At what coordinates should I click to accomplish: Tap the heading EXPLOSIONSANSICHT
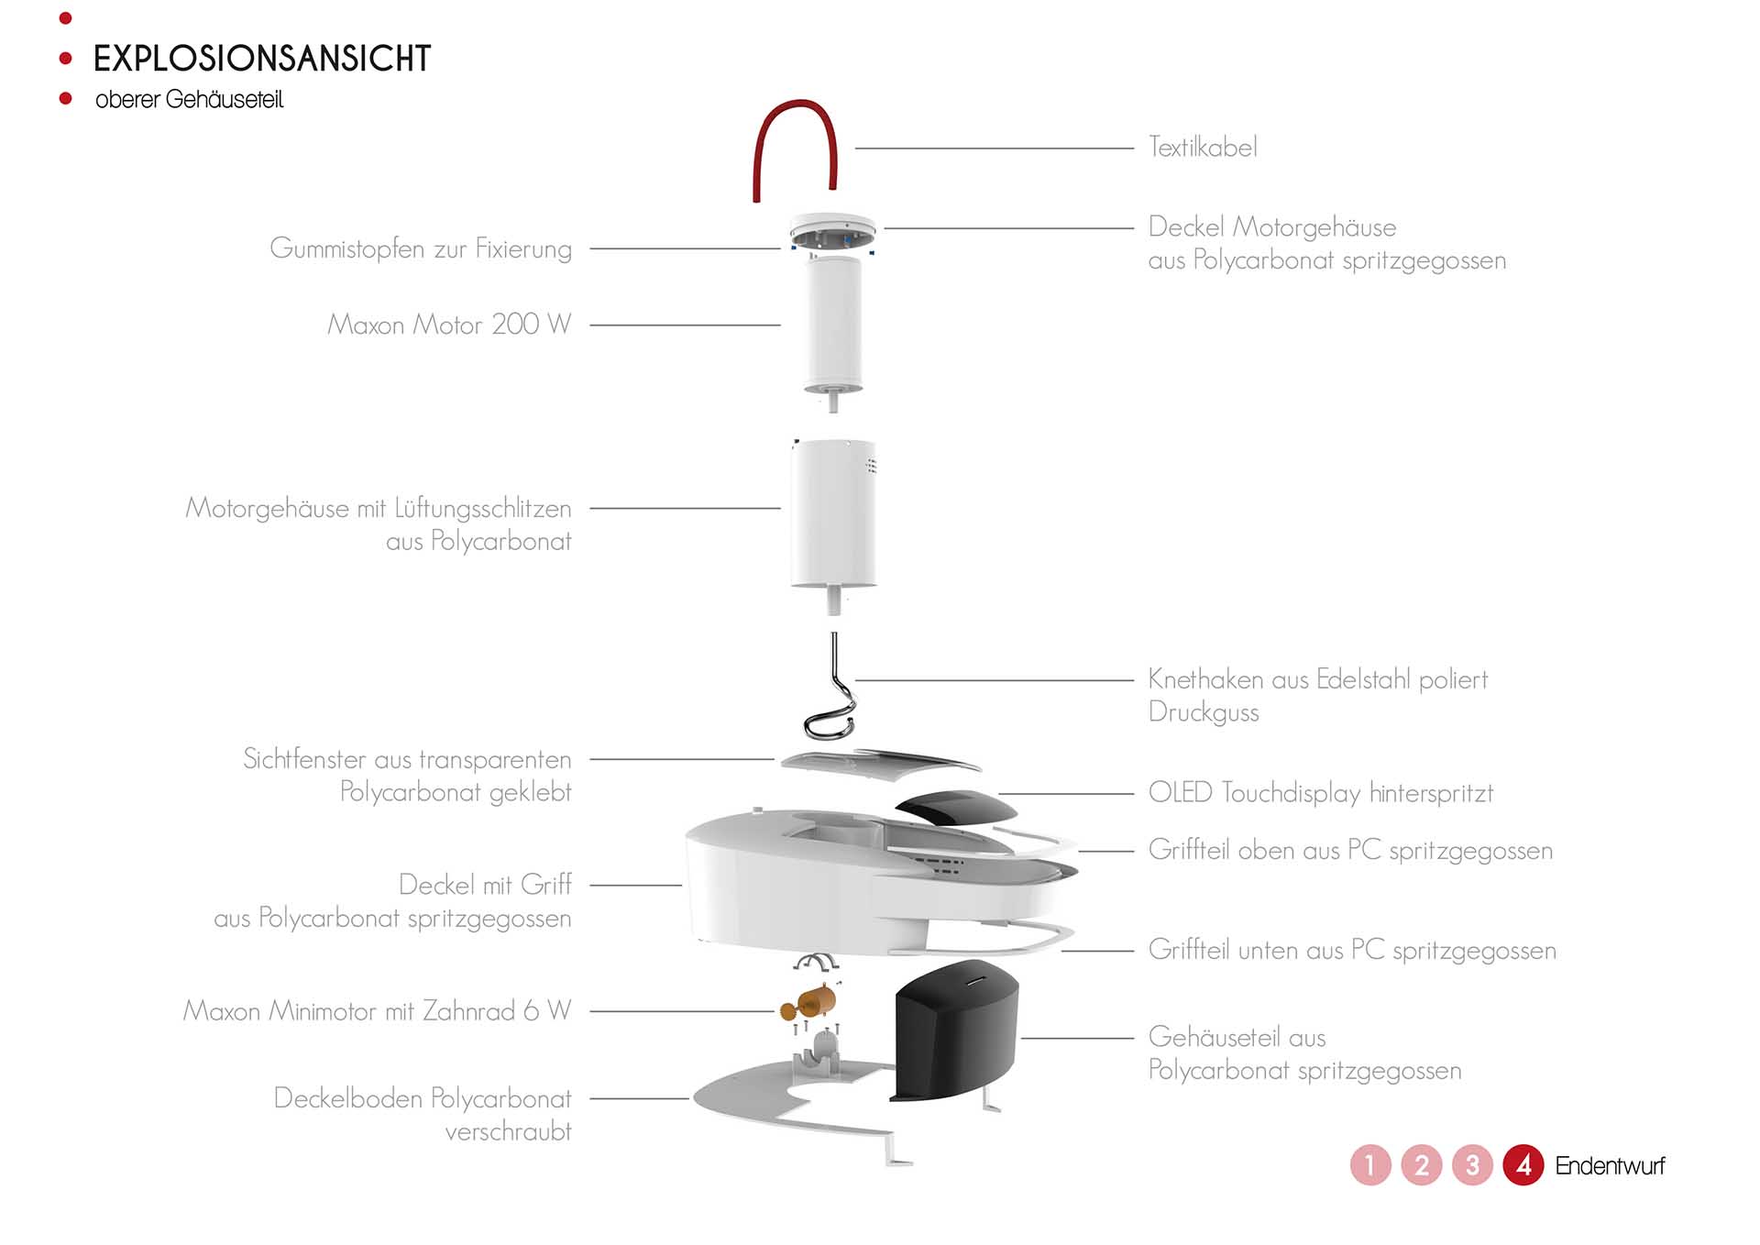262,59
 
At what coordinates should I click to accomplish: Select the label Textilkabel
1203,148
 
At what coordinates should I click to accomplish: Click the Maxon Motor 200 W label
449,325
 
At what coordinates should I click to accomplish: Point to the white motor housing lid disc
832,223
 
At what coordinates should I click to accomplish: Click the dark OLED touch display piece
956,807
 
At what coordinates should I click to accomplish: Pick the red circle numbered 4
1523,1165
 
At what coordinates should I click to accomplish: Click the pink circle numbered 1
1370,1165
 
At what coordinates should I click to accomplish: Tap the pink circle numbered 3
1472,1165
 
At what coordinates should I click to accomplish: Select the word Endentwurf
1610,1166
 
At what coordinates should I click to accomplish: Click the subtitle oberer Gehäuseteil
190,100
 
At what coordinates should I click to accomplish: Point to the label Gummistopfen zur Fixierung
421,248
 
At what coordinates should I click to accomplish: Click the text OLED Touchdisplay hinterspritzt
1320,793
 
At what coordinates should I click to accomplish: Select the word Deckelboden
347,1098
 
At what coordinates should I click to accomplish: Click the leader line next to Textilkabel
995,148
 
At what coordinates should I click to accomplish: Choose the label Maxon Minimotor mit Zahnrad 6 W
377,1011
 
